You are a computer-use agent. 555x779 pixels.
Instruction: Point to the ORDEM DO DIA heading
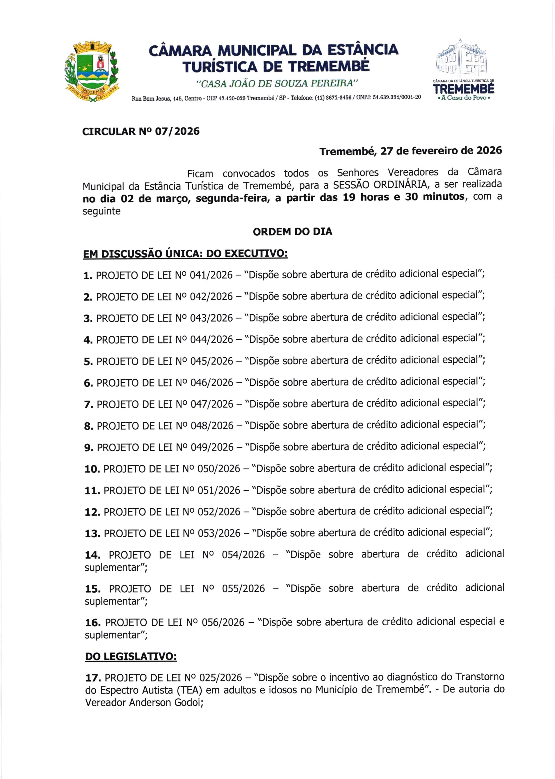(x=292, y=232)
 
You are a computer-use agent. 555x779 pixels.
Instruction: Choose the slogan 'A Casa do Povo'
(x=463, y=98)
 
